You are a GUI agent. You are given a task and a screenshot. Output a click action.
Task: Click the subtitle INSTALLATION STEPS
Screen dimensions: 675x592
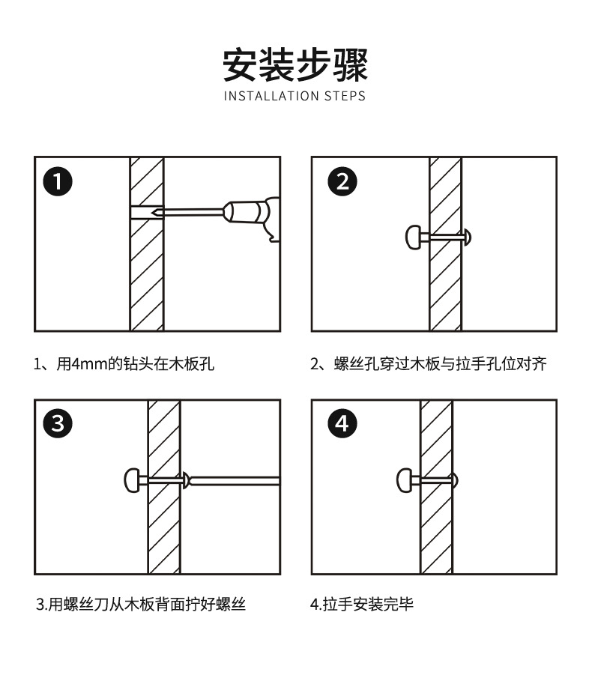pyautogui.click(x=295, y=96)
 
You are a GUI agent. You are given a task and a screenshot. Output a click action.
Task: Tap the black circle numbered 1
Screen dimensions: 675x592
pyautogui.click(x=58, y=182)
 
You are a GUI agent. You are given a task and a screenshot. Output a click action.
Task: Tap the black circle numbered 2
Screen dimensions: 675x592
pyautogui.click(x=342, y=182)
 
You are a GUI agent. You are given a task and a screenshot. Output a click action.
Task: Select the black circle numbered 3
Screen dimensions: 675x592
pyautogui.click(x=58, y=425)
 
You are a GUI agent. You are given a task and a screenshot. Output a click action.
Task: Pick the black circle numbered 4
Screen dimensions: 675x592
pyautogui.click(x=342, y=425)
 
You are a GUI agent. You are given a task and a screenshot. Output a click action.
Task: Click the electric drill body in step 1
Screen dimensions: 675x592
pyautogui.click(x=255, y=216)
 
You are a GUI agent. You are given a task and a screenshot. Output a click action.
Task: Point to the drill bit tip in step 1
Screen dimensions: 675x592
pyautogui.click(x=153, y=213)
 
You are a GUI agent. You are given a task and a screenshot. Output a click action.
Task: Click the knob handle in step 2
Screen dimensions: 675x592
pyautogui.click(x=414, y=237)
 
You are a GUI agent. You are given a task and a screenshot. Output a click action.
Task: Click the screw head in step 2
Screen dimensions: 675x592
pyautogui.click(x=468, y=237)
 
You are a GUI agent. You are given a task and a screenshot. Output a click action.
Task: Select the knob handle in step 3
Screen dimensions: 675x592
pyautogui.click(x=132, y=479)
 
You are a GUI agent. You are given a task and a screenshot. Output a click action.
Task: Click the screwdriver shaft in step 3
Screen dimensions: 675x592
pyautogui.click(x=236, y=479)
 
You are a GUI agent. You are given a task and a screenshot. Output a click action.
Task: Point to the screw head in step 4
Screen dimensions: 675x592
pyautogui.click(x=454, y=479)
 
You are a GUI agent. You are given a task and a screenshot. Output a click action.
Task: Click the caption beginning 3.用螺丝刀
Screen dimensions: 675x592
pyautogui.click(x=142, y=604)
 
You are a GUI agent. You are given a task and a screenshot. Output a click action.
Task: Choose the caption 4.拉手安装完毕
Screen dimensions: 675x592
pyautogui.click(x=362, y=604)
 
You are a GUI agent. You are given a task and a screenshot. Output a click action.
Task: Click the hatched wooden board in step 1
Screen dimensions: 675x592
pyautogui.click(x=147, y=277)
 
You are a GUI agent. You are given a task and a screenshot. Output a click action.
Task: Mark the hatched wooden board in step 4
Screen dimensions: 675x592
pyautogui.click(x=436, y=524)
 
